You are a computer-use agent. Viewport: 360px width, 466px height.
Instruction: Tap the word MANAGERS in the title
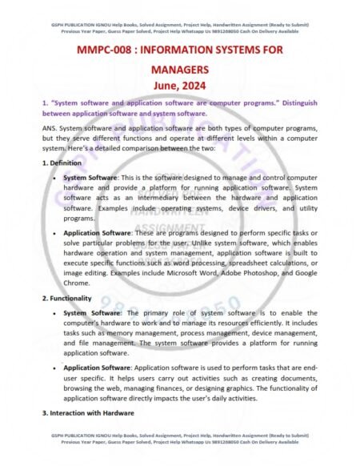(179, 70)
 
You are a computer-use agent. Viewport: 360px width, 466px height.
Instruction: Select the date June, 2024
(179, 86)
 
